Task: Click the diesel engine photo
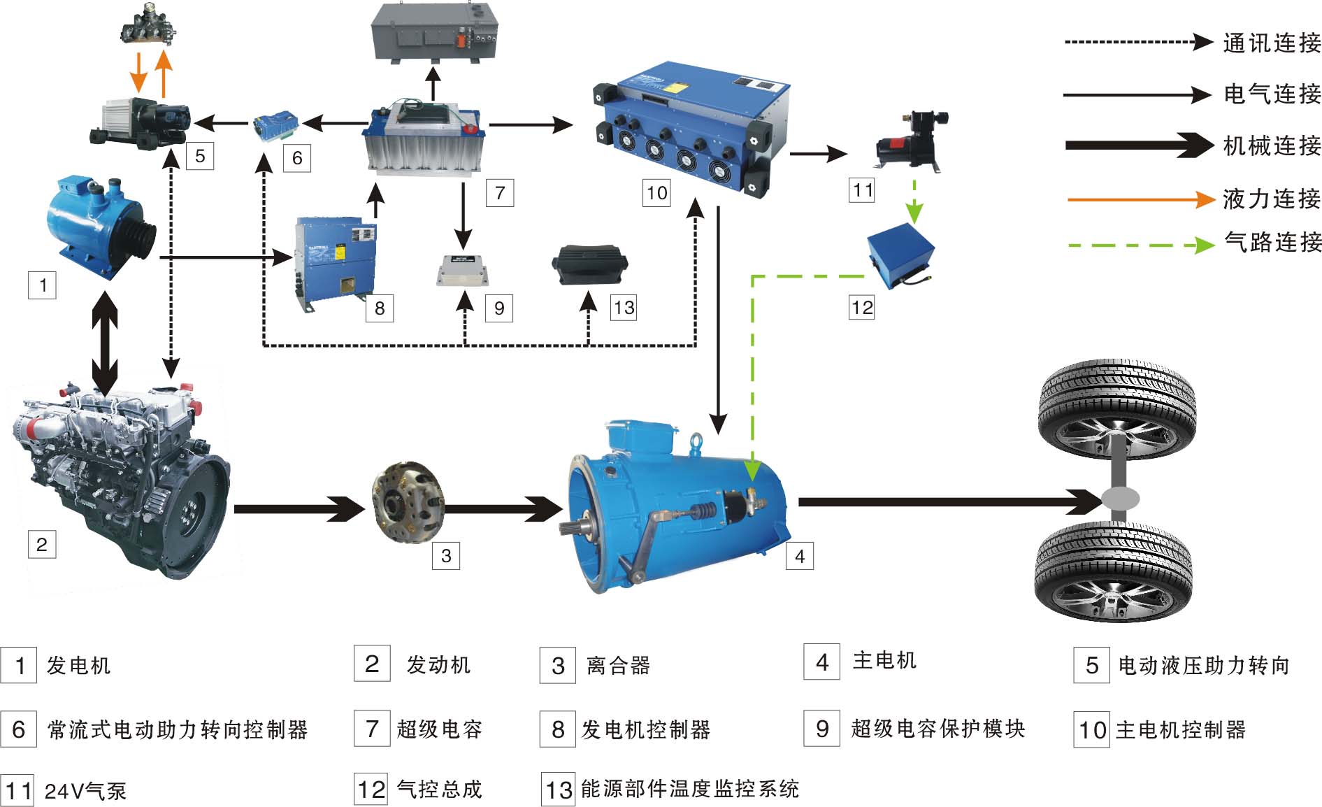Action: pos(119,476)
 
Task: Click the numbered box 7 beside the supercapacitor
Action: pos(499,193)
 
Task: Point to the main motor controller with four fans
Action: pos(689,126)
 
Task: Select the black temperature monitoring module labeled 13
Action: pos(589,265)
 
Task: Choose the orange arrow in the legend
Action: pos(1140,200)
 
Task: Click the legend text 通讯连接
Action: pos(1272,43)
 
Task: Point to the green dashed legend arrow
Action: pos(1140,245)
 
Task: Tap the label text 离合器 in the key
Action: pos(619,665)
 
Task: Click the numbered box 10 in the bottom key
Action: pos(1091,729)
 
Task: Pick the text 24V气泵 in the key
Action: pos(85,791)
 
